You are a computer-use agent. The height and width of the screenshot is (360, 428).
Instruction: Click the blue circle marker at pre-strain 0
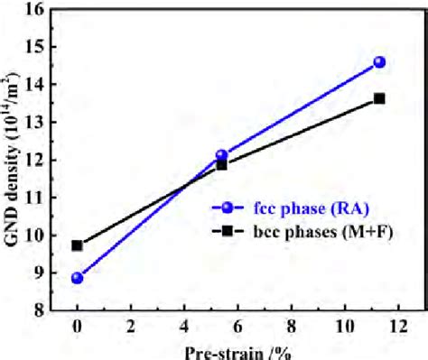(x=78, y=278)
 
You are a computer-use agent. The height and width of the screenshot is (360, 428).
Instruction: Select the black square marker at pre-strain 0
(x=78, y=245)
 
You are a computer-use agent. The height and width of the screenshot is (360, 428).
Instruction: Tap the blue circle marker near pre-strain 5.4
(x=222, y=155)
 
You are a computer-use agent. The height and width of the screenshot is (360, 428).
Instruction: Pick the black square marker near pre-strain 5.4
(x=222, y=164)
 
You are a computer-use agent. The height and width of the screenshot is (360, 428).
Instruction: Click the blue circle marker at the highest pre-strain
(x=379, y=62)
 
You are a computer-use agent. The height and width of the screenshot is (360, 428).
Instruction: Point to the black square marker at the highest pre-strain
(x=379, y=98)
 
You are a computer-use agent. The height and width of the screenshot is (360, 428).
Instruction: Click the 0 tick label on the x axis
(x=78, y=328)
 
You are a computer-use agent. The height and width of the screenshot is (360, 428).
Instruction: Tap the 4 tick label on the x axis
(x=185, y=328)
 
